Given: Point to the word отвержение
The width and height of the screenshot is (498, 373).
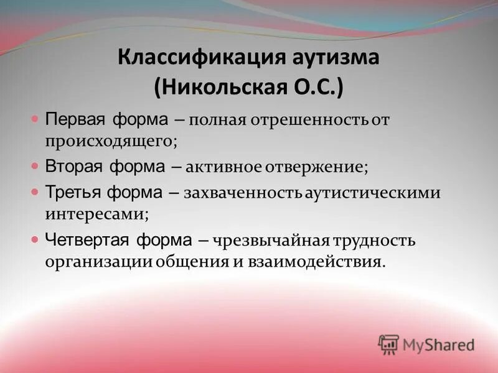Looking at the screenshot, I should pyautogui.click(x=317, y=167).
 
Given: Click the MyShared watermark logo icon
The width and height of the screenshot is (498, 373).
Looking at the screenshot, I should pyautogui.click(x=388, y=344).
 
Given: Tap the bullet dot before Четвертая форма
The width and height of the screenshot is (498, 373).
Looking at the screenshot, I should pyautogui.click(x=35, y=239).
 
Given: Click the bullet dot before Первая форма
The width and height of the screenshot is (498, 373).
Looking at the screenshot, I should pyautogui.click(x=35, y=117).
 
